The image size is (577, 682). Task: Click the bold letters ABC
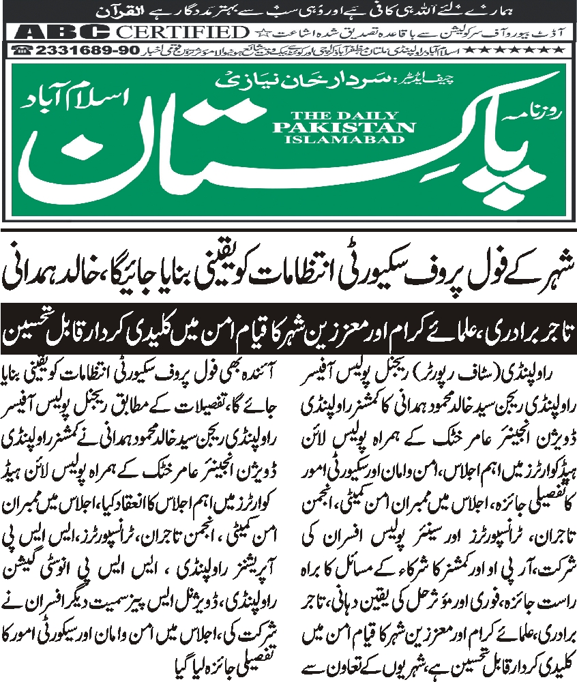coord(65,32)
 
